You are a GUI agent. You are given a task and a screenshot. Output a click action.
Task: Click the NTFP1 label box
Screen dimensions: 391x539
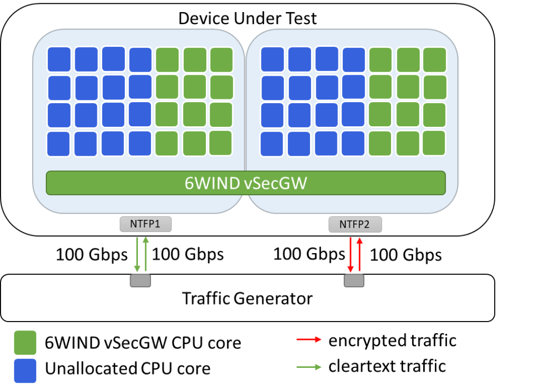coord(145,224)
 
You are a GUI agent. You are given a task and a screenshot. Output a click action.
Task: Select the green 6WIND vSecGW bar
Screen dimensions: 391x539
coord(245,183)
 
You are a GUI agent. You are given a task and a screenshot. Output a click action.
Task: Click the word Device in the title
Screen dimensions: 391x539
coord(203,18)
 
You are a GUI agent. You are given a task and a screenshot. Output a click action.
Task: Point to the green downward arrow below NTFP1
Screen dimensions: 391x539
coord(137,255)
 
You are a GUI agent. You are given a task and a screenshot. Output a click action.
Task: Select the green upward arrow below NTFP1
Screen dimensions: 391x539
coord(146,254)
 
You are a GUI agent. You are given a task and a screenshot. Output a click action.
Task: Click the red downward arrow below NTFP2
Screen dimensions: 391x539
coord(350,255)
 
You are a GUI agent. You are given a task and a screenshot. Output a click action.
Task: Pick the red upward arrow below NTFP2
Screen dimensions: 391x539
coord(360,254)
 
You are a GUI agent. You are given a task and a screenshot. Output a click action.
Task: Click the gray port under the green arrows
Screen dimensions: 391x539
coord(141,280)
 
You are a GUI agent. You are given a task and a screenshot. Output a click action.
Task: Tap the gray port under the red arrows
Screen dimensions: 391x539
coord(354,280)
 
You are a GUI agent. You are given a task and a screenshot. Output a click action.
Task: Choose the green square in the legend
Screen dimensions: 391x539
coord(25,343)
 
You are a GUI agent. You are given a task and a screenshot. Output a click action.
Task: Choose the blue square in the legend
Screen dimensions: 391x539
coord(25,370)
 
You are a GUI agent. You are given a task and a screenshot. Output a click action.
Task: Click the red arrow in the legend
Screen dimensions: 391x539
coord(309,339)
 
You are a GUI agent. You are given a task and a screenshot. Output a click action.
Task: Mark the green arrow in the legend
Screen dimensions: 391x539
coord(309,367)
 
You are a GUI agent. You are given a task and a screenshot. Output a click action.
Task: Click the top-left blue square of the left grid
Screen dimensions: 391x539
coord(59,59)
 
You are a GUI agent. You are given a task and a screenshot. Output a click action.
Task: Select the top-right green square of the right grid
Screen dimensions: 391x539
coord(434,59)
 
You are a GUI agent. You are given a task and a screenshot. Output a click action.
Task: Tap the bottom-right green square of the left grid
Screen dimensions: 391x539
coord(220,143)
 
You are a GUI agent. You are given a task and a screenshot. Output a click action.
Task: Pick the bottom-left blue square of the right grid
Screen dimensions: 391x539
coord(272,144)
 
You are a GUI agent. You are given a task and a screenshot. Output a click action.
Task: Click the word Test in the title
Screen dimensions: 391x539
coord(299,18)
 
